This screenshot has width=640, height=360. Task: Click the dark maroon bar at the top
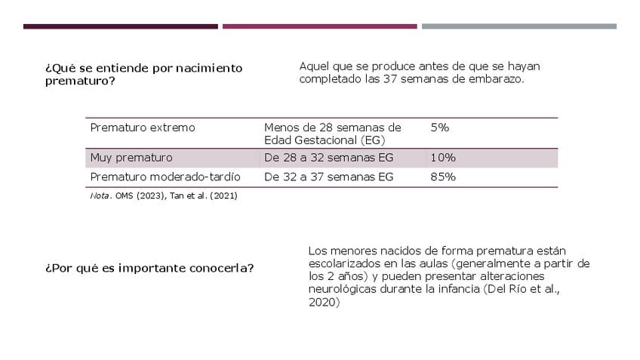pyautogui.click(x=121, y=26)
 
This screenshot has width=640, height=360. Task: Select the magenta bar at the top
pyautogui.click(x=319, y=26)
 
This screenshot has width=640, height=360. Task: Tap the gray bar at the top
pyautogui.click(x=518, y=26)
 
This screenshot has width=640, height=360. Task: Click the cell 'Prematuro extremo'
pyautogui.click(x=143, y=128)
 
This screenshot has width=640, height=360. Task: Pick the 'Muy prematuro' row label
pyautogui.click(x=131, y=158)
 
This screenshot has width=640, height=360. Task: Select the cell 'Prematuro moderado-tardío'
pyautogui.click(x=165, y=177)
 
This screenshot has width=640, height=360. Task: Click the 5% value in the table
pyautogui.click(x=440, y=128)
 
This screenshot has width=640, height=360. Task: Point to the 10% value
pyautogui.click(x=443, y=158)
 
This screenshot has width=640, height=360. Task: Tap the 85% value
pyautogui.click(x=443, y=177)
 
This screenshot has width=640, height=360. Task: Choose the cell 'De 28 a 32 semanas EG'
pyautogui.click(x=329, y=158)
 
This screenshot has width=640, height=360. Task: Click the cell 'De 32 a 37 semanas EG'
pyautogui.click(x=329, y=177)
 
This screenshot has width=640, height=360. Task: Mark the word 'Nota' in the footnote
pyautogui.click(x=100, y=195)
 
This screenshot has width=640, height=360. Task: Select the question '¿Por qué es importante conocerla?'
pyautogui.click(x=149, y=268)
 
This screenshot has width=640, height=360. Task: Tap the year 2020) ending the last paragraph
pyautogui.click(x=325, y=302)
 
